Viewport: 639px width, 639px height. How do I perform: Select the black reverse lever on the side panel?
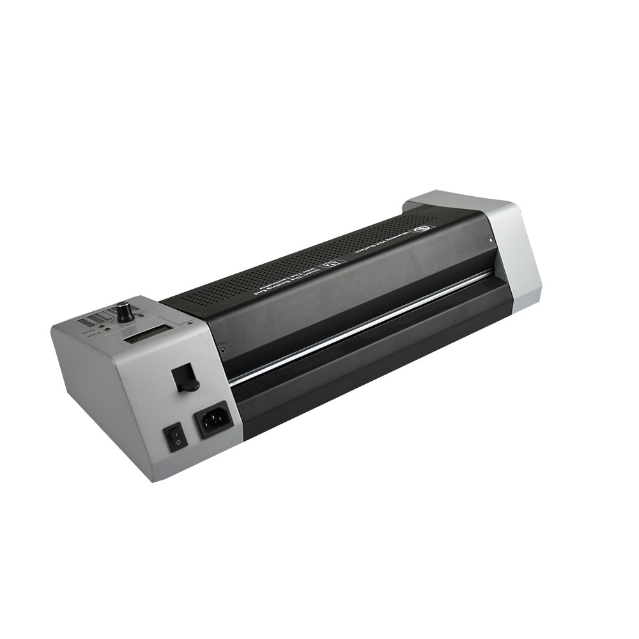pos(185,377)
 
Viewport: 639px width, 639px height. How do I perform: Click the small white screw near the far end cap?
pos(490,241)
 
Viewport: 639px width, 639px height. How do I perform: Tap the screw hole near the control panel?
pos(222,350)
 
